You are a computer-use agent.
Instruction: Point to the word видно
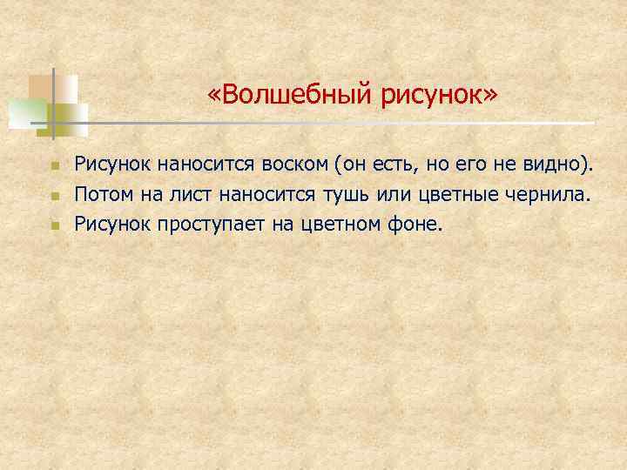pyautogui.click(x=561, y=163)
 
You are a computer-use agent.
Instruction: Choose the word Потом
pyautogui.click(x=100, y=193)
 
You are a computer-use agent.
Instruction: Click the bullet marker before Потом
pyautogui.click(x=53, y=195)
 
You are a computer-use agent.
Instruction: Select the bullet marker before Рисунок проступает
pyautogui.click(x=53, y=225)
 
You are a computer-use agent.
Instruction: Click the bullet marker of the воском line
pyautogui.click(x=53, y=164)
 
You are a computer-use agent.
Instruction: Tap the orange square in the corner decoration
pyautogui.click(x=40, y=87)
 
